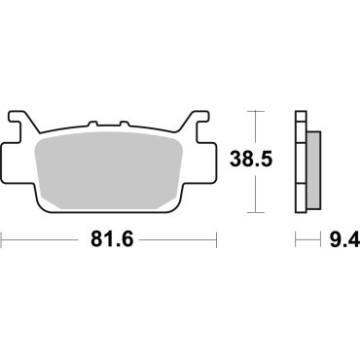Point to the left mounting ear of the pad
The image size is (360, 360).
click(x=21, y=127)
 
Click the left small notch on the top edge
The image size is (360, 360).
click(x=93, y=126)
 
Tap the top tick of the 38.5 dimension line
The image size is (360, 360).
click(x=257, y=112)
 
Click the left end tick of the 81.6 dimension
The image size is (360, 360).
click(x=3, y=236)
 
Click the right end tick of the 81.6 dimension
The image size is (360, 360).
click(x=215, y=236)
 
